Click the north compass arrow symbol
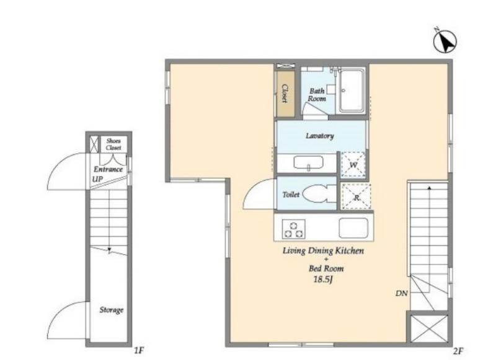(445, 41)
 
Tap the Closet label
(285, 94)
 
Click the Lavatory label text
(319, 136)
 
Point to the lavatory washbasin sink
(308, 163)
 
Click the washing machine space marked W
(353, 164)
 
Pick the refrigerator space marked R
(356, 196)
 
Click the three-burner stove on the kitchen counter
(293, 229)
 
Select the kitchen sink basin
(353, 228)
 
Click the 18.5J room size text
(322, 279)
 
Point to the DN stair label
(402, 293)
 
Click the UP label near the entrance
(97, 179)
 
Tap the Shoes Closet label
(113, 144)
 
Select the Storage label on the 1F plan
(112, 310)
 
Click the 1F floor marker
(139, 350)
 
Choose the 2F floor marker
(458, 351)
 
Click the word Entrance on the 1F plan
(108, 169)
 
